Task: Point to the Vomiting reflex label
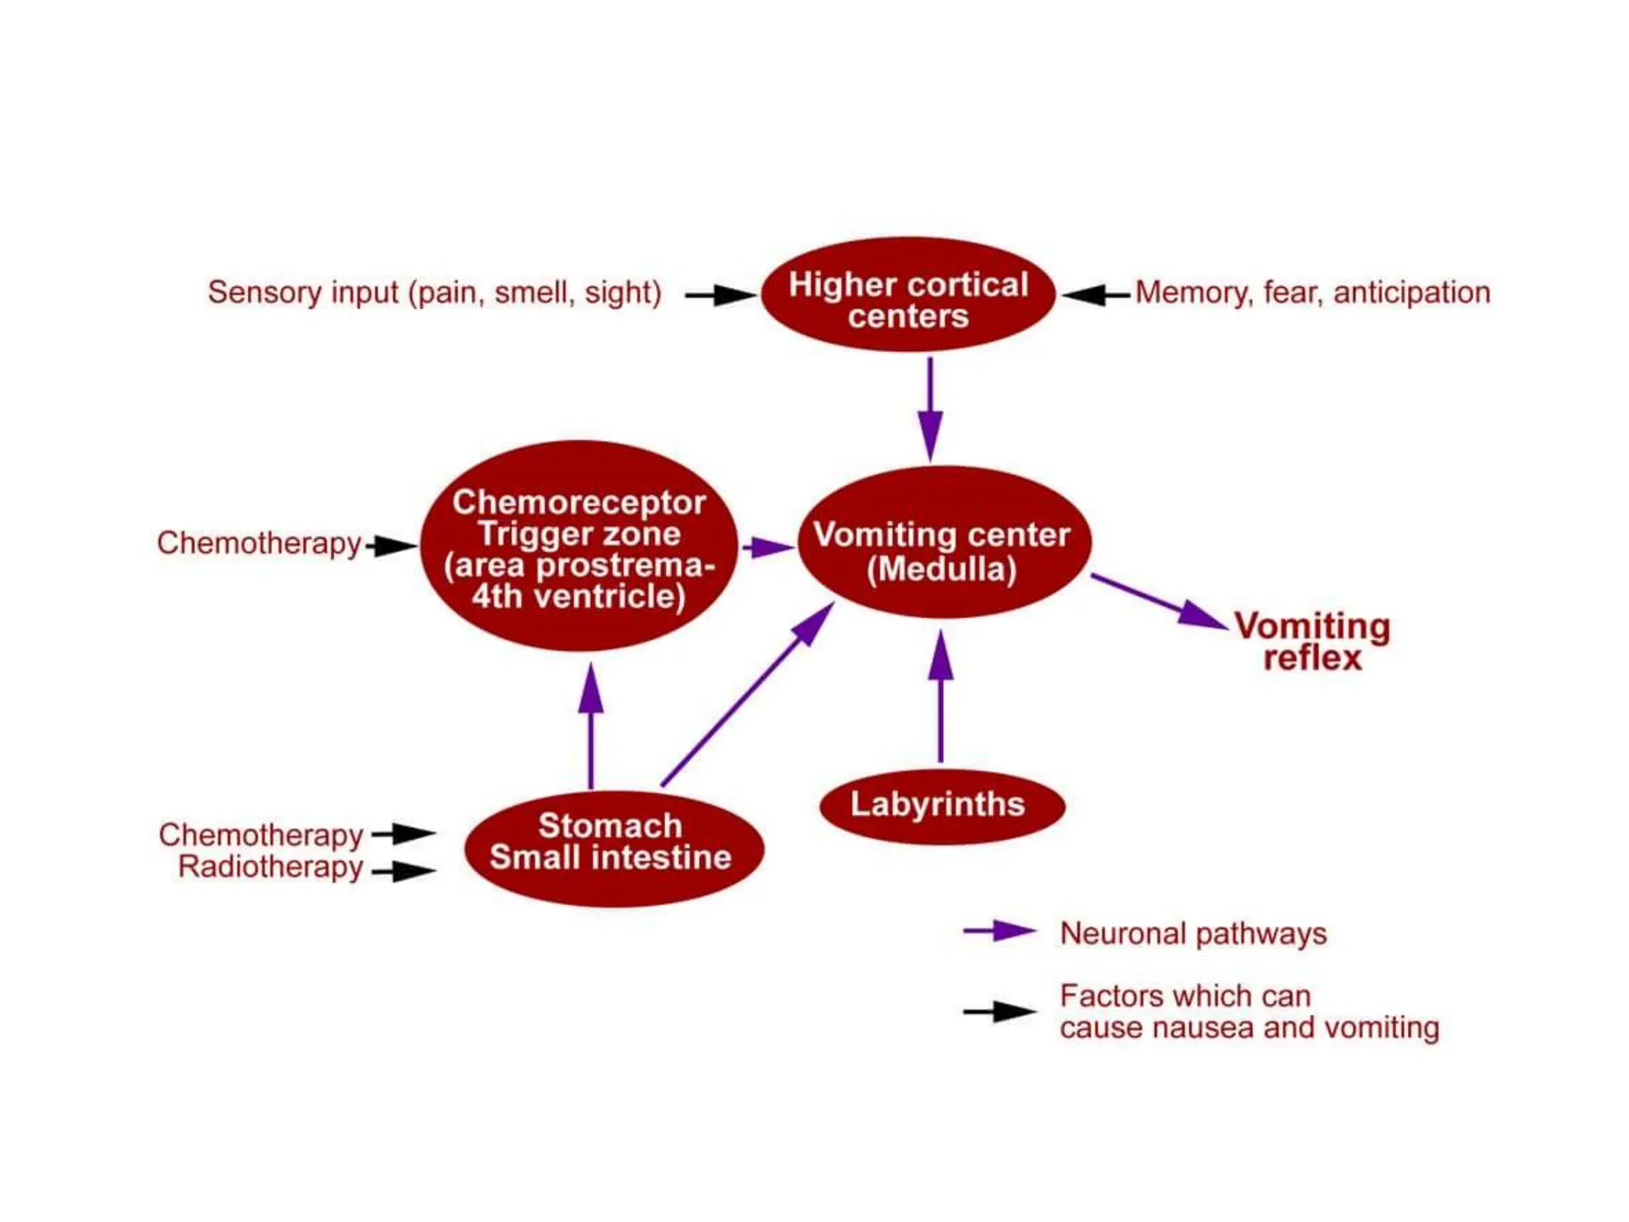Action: click(x=1312, y=641)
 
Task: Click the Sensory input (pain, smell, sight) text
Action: click(x=434, y=293)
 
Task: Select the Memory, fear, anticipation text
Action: click(x=1312, y=293)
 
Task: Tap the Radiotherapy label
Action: click(x=270, y=867)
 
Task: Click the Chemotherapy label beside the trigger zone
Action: click(x=259, y=543)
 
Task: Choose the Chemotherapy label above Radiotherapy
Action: click(x=261, y=835)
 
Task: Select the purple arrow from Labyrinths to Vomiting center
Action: click(x=941, y=697)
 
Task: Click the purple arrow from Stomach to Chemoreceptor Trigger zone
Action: click(x=590, y=726)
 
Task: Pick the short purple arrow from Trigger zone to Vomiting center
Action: click(x=768, y=547)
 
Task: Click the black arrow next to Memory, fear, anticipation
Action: click(x=1095, y=295)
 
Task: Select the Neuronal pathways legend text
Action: click(x=1193, y=933)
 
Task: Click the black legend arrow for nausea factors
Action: click(x=999, y=1012)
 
